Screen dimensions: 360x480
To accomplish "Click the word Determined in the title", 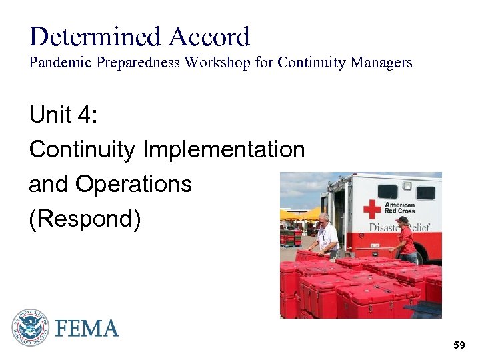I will point(95,37).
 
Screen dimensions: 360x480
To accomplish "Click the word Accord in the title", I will point(209,37).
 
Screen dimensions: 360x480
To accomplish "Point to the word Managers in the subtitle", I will point(379,63).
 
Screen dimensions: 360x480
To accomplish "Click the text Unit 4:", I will point(63,115).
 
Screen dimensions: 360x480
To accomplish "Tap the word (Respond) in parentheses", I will point(85,219).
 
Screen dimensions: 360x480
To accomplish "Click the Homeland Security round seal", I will point(30,327).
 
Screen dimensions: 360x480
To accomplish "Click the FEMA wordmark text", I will point(87,329).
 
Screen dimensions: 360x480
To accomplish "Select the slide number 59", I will point(459,345).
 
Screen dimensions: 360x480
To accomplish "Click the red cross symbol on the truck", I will point(371,209).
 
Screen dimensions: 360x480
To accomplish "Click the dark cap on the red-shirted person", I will point(402,219).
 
